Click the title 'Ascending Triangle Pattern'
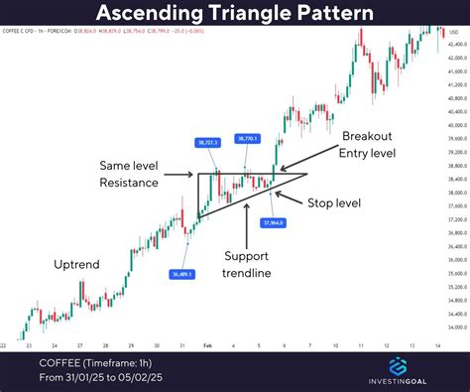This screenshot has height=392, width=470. (235, 14)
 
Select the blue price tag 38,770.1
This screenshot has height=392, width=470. (249, 138)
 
